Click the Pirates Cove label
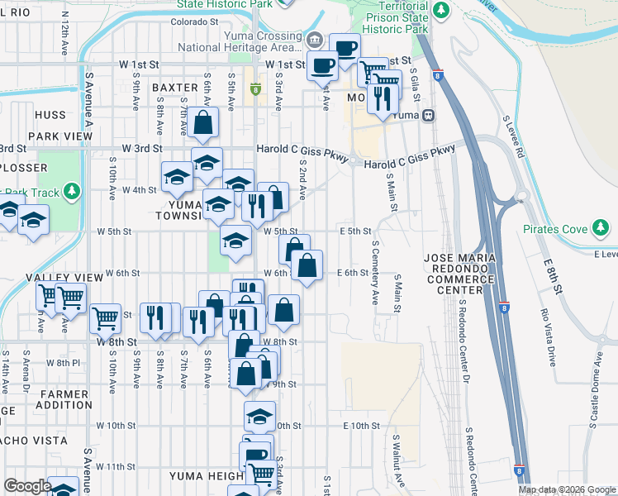tap(554, 229)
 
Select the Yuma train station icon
tap(429, 116)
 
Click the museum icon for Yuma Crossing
tap(315, 40)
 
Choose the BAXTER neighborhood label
tap(174, 88)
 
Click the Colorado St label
tap(193, 21)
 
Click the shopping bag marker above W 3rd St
tap(202, 123)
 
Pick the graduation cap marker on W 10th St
tap(259, 417)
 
